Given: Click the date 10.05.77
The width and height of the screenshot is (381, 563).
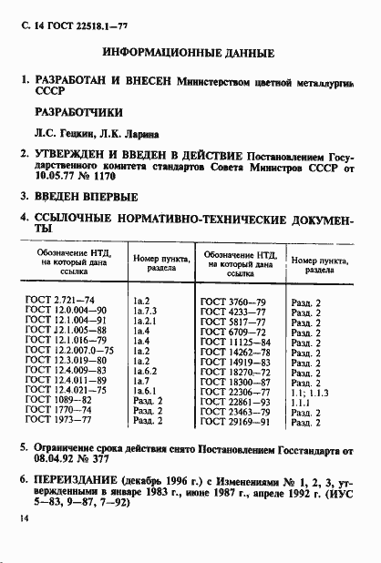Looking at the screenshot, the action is click(x=54, y=178).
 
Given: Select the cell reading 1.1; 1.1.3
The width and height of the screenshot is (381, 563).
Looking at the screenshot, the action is click(x=311, y=391).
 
